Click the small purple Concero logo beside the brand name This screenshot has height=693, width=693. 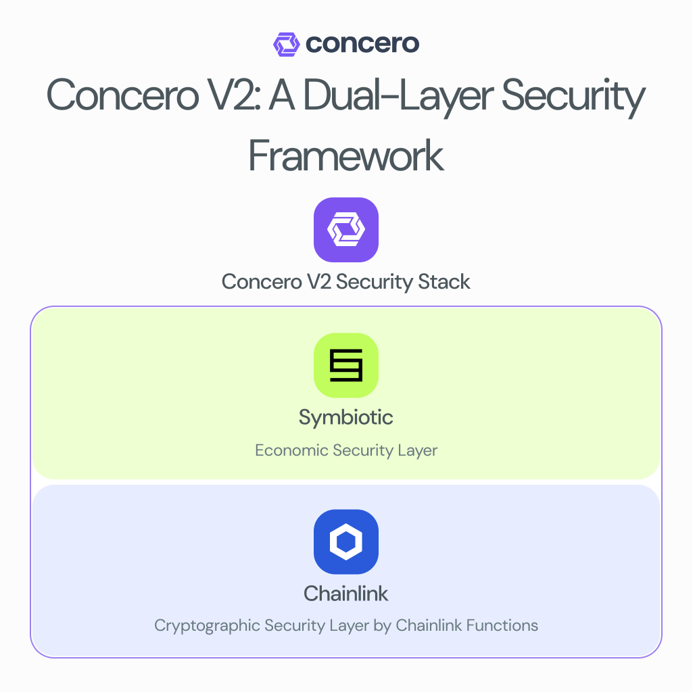(287, 45)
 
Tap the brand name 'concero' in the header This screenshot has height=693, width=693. (362, 44)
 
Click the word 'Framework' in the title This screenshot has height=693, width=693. (346, 155)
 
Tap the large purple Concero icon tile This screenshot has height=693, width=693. (346, 230)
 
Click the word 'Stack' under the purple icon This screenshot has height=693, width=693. (443, 281)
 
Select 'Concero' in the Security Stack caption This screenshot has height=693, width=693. (257, 281)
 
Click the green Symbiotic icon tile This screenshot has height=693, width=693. (346, 365)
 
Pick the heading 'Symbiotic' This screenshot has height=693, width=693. (346, 417)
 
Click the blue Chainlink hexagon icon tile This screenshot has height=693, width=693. (346, 542)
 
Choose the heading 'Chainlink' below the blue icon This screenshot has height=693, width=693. (346, 594)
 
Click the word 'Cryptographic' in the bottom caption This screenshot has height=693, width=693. (208, 625)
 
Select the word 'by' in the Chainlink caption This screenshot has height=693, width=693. (381, 626)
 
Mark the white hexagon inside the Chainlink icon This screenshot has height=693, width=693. (346, 542)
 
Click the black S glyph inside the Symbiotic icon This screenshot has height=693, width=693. (346, 365)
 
